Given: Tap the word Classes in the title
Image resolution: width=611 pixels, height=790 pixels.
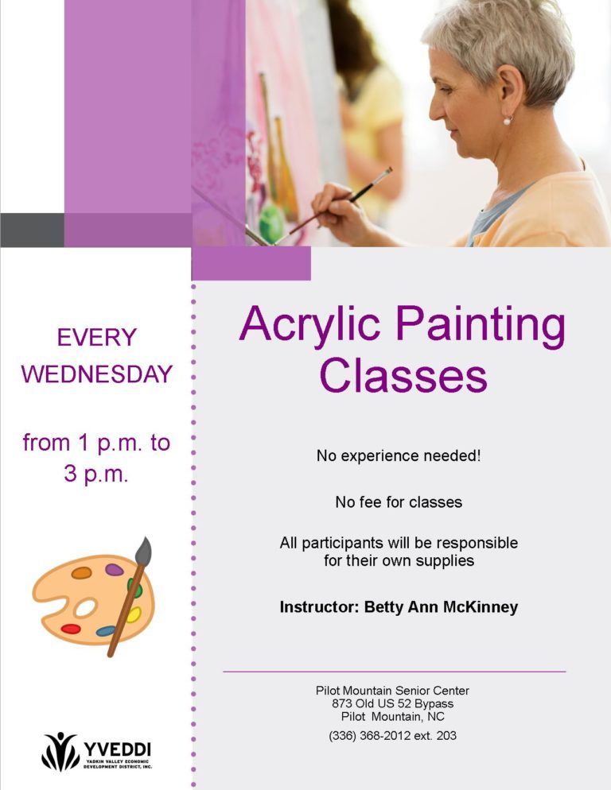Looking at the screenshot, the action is click(x=403, y=375).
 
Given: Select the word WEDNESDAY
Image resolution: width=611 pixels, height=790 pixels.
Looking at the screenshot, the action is click(x=97, y=374).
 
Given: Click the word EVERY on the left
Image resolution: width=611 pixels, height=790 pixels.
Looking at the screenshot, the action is click(x=97, y=337).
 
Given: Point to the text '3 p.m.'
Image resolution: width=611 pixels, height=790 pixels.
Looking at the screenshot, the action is click(x=95, y=474).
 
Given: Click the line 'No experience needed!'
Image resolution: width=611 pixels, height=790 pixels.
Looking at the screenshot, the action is click(x=399, y=455).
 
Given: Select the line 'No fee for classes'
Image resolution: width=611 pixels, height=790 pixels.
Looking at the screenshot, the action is click(x=399, y=501).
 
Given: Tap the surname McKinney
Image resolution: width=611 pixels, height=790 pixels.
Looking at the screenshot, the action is click(x=481, y=606).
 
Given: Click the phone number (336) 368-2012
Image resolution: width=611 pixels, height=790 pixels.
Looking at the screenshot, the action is click(x=369, y=736).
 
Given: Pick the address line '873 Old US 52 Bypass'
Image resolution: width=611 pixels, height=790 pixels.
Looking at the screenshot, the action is click(x=392, y=703).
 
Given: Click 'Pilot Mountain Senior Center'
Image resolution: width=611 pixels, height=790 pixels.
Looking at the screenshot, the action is click(x=392, y=690).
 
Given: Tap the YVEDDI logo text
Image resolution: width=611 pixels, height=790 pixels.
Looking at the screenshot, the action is click(x=117, y=749).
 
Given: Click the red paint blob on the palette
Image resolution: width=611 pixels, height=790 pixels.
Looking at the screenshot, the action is click(x=71, y=629).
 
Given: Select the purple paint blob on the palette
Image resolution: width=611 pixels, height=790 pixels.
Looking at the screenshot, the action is click(x=114, y=570).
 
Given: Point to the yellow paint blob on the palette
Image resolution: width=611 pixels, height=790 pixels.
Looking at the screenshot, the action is click(x=134, y=614).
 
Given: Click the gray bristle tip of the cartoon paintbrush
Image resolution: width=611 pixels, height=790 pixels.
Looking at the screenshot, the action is click(x=144, y=550).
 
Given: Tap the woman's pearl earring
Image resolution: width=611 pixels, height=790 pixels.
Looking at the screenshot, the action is click(x=507, y=121).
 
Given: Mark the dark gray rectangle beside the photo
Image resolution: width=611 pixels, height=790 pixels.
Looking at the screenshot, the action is click(x=33, y=230).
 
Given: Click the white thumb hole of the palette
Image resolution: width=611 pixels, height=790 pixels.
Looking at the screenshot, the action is click(x=85, y=608).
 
